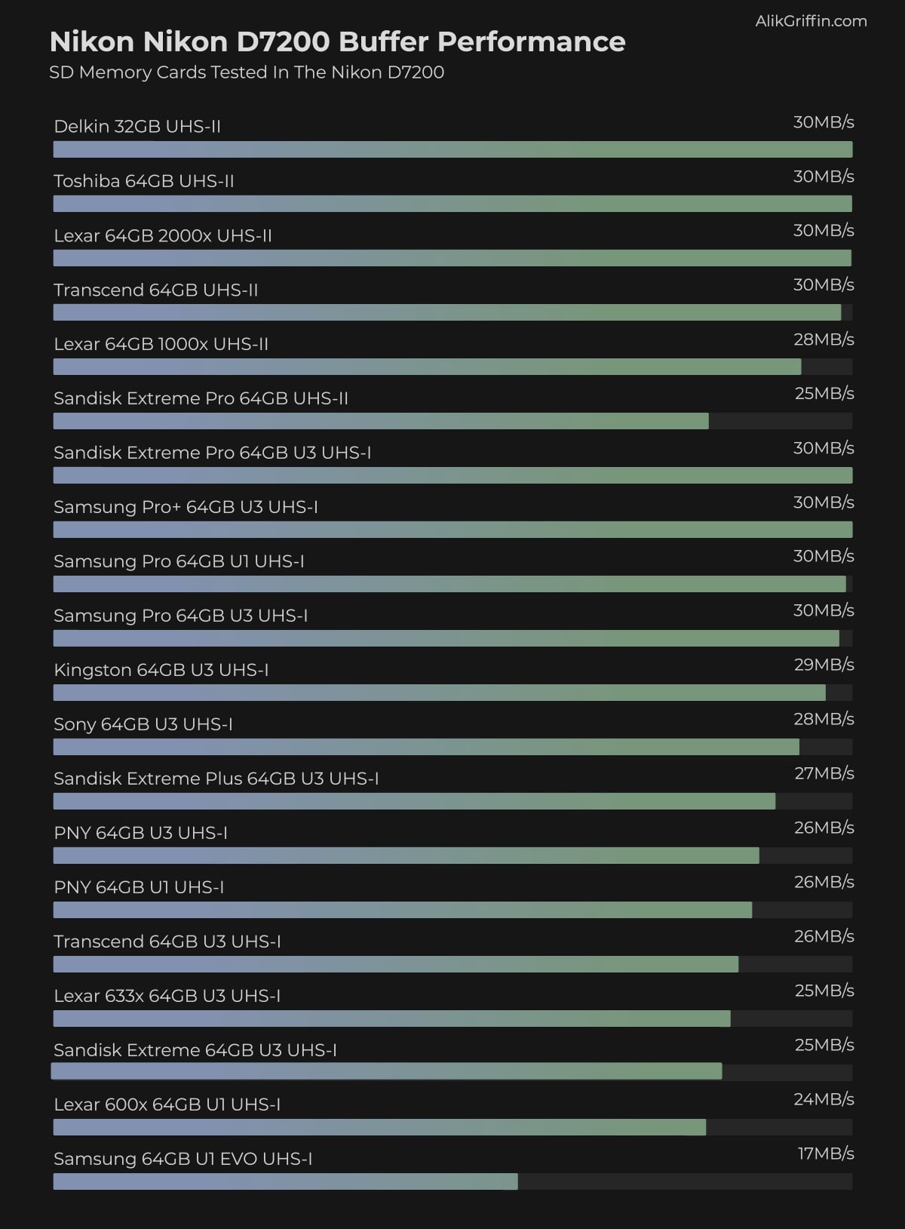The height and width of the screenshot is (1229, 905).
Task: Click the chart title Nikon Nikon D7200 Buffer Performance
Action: click(337, 42)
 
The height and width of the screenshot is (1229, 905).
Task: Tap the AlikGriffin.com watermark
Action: click(811, 21)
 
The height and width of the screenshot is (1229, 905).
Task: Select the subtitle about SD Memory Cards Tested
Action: click(247, 72)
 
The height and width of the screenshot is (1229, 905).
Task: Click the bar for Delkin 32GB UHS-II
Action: click(452, 149)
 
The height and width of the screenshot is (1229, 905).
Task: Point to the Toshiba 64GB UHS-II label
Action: click(144, 181)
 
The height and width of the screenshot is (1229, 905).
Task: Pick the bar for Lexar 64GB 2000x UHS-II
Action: click(452, 258)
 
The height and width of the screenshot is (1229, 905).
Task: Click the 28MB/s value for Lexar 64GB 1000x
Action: click(824, 340)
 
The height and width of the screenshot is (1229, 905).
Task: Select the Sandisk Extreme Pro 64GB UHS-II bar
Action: click(381, 421)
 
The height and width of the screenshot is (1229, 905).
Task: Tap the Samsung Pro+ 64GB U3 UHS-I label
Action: click(186, 507)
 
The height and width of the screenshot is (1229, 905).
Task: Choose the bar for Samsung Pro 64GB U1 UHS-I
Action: click(449, 584)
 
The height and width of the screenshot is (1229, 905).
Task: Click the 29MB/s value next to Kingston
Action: click(824, 665)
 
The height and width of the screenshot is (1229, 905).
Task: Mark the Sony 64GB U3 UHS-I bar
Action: click(426, 747)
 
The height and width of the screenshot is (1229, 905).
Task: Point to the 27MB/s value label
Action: click(824, 773)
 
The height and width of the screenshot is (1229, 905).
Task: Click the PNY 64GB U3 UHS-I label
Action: click(140, 833)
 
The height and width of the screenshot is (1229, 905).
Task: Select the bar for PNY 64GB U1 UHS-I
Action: click(403, 910)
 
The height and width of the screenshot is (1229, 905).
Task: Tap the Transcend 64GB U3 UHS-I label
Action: click(167, 942)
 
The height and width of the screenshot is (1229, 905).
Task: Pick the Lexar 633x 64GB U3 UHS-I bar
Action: click(392, 1019)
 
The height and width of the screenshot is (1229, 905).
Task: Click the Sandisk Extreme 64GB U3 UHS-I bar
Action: click(386, 1071)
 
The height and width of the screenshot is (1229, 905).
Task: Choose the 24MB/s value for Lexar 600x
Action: click(824, 1099)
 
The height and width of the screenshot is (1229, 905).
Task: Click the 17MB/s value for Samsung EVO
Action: click(826, 1154)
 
